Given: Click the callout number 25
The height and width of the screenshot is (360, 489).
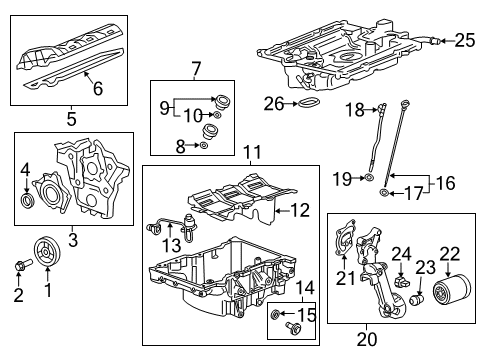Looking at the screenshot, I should (x=464, y=41).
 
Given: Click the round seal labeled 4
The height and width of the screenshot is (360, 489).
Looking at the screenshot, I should (x=28, y=203).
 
